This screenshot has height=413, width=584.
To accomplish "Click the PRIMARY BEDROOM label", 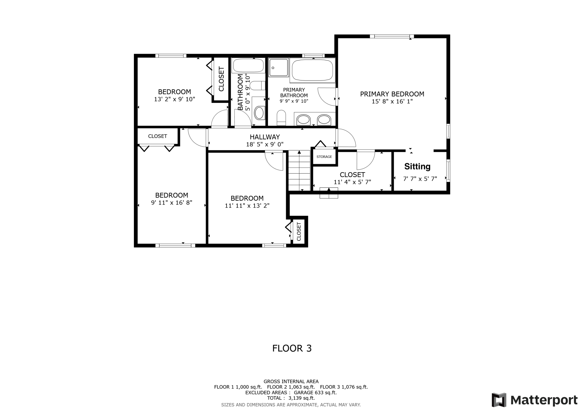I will (392, 94).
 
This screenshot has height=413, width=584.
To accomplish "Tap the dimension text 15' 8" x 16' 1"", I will (392, 101).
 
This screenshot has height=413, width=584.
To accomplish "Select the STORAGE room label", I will (324, 157).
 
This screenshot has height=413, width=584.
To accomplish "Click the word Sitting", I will (417, 167).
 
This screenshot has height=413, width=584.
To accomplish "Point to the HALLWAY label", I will (265, 137).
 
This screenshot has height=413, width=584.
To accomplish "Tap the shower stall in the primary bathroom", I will (279, 67).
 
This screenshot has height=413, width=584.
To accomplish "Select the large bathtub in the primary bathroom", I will (312, 70).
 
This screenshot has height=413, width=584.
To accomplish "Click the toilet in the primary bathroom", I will (281, 117).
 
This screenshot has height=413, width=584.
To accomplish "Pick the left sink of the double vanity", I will (303, 120).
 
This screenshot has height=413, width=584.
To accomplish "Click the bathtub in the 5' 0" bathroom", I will (248, 66).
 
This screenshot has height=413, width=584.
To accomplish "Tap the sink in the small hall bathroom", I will (259, 113).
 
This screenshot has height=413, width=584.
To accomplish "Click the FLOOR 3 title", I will (292, 348).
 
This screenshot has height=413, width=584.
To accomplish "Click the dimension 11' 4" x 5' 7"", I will (352, 182).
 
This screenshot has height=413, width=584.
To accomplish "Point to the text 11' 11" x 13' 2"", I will (247, 206).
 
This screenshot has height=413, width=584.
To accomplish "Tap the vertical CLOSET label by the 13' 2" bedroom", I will (221, 79).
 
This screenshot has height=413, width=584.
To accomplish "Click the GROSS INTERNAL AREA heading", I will (291, 381).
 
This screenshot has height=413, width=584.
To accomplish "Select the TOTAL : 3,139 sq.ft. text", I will (291, 398).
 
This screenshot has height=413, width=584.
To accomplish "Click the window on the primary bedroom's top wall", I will (392, 36).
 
